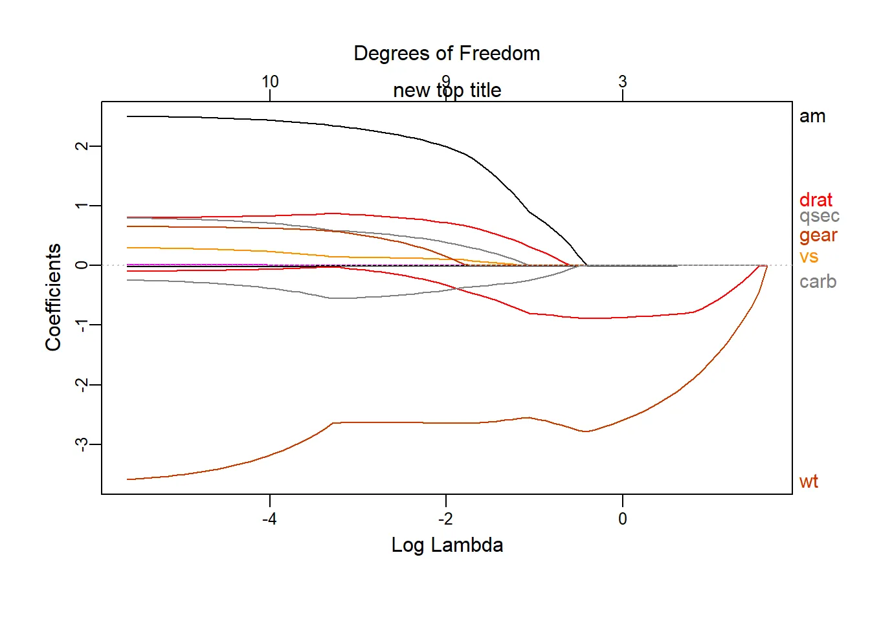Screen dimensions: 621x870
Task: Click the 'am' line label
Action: [812, 116]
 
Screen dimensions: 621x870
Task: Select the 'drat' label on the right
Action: [816, 200]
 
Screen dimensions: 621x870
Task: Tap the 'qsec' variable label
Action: [819, 216]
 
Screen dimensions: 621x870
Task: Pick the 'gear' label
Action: [818, 235]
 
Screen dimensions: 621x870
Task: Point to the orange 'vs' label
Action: [809, 257]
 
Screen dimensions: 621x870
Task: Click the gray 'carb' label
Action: [818, 282]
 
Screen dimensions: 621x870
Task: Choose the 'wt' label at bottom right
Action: [809, 481]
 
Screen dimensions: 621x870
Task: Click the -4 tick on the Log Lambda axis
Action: [269, 519]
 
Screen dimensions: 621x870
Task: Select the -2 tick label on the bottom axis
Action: [445, 519]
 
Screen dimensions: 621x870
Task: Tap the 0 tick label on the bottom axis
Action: [623, 519]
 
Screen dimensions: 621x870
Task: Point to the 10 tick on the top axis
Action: [270, 82]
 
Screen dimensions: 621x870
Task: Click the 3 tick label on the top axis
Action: [623, 82]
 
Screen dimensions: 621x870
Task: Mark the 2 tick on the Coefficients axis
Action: [82, 146]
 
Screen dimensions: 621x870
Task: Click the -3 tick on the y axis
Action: [82, 444]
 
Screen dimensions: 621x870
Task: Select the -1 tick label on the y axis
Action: [82, 325]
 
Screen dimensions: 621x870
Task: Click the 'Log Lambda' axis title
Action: [447, 545]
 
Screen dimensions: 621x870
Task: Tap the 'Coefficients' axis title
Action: [53, 298]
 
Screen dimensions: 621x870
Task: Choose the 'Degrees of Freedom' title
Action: [447, 54]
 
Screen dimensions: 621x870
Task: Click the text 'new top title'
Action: [447, 91]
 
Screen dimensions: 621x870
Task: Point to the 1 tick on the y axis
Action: [82, 206]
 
